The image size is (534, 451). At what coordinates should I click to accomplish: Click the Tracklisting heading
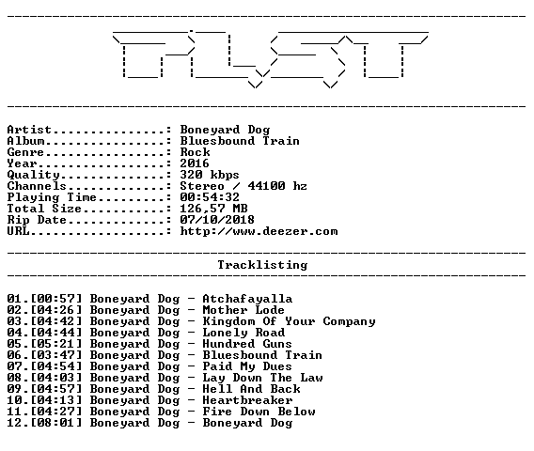coord(262,265)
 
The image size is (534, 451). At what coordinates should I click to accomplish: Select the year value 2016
coord(195,163)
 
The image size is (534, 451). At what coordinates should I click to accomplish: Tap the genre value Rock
coord(196,152)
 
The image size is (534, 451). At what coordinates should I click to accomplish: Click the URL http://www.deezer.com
coord(259,231)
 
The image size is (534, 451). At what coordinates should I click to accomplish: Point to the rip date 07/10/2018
coord(217,220)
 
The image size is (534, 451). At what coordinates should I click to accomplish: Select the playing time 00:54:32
coord(210,197)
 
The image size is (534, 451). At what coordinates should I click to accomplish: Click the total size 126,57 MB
coord(213,209)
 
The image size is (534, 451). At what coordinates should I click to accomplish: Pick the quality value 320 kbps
coord(210,175)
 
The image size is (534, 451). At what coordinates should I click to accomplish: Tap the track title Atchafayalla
coord(247,299)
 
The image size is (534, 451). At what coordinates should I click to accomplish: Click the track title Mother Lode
coord(243,310)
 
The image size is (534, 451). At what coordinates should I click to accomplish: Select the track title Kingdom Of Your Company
coord(290,321)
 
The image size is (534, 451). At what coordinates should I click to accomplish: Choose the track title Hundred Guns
coord(247,344)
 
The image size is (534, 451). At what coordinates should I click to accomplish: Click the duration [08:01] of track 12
coord(56,423)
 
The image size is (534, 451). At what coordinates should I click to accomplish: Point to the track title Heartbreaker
coord(247,400)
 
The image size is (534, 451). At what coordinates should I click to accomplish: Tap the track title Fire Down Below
coord(259,412)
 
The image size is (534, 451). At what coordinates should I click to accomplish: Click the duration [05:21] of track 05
coord(56,344)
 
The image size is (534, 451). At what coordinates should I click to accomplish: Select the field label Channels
coord(37,186)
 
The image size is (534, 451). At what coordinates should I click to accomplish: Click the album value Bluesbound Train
coord(240,141)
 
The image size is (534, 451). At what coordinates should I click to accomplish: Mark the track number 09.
coord(15,389)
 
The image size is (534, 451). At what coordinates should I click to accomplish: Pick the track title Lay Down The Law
coord(262,378)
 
